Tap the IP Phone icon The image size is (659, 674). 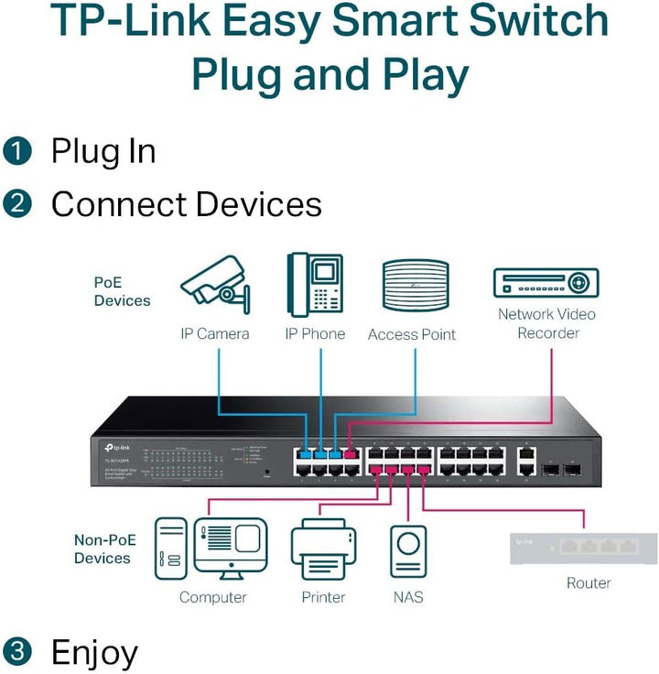314,285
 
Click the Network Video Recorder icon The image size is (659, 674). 546,282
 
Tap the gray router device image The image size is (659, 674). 583,548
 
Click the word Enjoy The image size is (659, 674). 94,652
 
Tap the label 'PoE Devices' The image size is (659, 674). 122,291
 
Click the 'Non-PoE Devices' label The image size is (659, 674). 103,549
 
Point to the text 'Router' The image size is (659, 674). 589,582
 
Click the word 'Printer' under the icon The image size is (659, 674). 323,597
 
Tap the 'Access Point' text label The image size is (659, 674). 411,334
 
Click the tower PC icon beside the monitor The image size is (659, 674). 171,549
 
